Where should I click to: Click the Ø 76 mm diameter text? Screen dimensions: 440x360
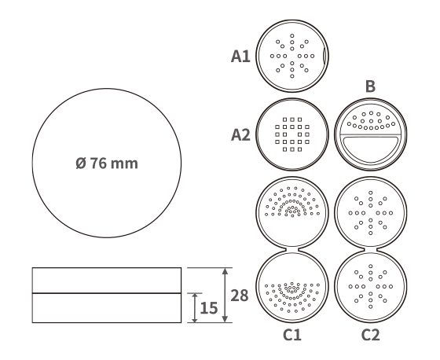107,163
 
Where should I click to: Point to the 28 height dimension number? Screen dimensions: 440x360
240,296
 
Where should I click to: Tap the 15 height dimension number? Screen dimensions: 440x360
209,308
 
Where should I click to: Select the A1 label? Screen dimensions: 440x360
240,56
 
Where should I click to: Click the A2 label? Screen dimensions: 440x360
240,134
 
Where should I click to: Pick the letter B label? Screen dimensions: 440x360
370,86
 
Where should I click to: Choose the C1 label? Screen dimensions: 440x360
292,335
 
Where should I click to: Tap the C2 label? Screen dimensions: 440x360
370,335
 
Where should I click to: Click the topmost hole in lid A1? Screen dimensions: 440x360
292,35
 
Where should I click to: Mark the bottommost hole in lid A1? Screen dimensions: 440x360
292,76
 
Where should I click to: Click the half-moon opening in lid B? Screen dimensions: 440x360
370,149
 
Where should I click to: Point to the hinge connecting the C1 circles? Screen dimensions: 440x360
292,250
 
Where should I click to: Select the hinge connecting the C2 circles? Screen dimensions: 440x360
370,250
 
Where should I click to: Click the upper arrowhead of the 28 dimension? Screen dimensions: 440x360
225,271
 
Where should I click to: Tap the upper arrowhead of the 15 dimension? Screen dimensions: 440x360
195,296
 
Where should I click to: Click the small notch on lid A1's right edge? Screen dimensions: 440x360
324,56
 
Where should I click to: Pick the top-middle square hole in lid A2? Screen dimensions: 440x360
292,119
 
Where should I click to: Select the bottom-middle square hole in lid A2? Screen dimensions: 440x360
292,149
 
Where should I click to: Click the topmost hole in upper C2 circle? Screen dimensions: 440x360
371,193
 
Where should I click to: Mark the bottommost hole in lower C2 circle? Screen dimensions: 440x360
371,307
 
